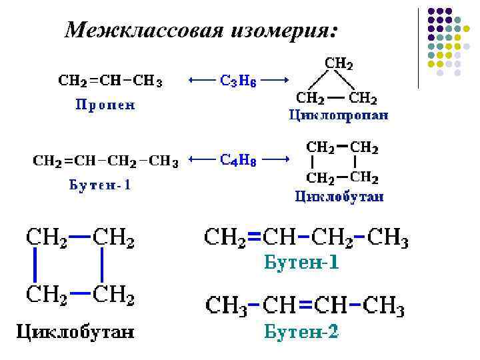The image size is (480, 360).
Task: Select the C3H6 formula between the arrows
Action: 238,80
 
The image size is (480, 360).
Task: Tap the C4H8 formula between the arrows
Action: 238,160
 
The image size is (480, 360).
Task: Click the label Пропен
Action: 104,105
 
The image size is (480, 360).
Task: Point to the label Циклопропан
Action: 339,115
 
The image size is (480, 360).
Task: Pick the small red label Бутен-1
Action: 100,185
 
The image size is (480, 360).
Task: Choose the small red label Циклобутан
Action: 339,196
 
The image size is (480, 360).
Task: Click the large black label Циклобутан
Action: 75,331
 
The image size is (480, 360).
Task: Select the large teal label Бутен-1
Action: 301,263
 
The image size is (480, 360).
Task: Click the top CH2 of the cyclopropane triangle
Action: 339,64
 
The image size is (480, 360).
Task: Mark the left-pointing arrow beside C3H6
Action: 201,80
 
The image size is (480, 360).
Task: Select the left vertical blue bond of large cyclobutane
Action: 35,265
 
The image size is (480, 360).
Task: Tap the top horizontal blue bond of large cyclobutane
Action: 79,236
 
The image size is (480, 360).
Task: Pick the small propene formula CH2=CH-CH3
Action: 110,81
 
